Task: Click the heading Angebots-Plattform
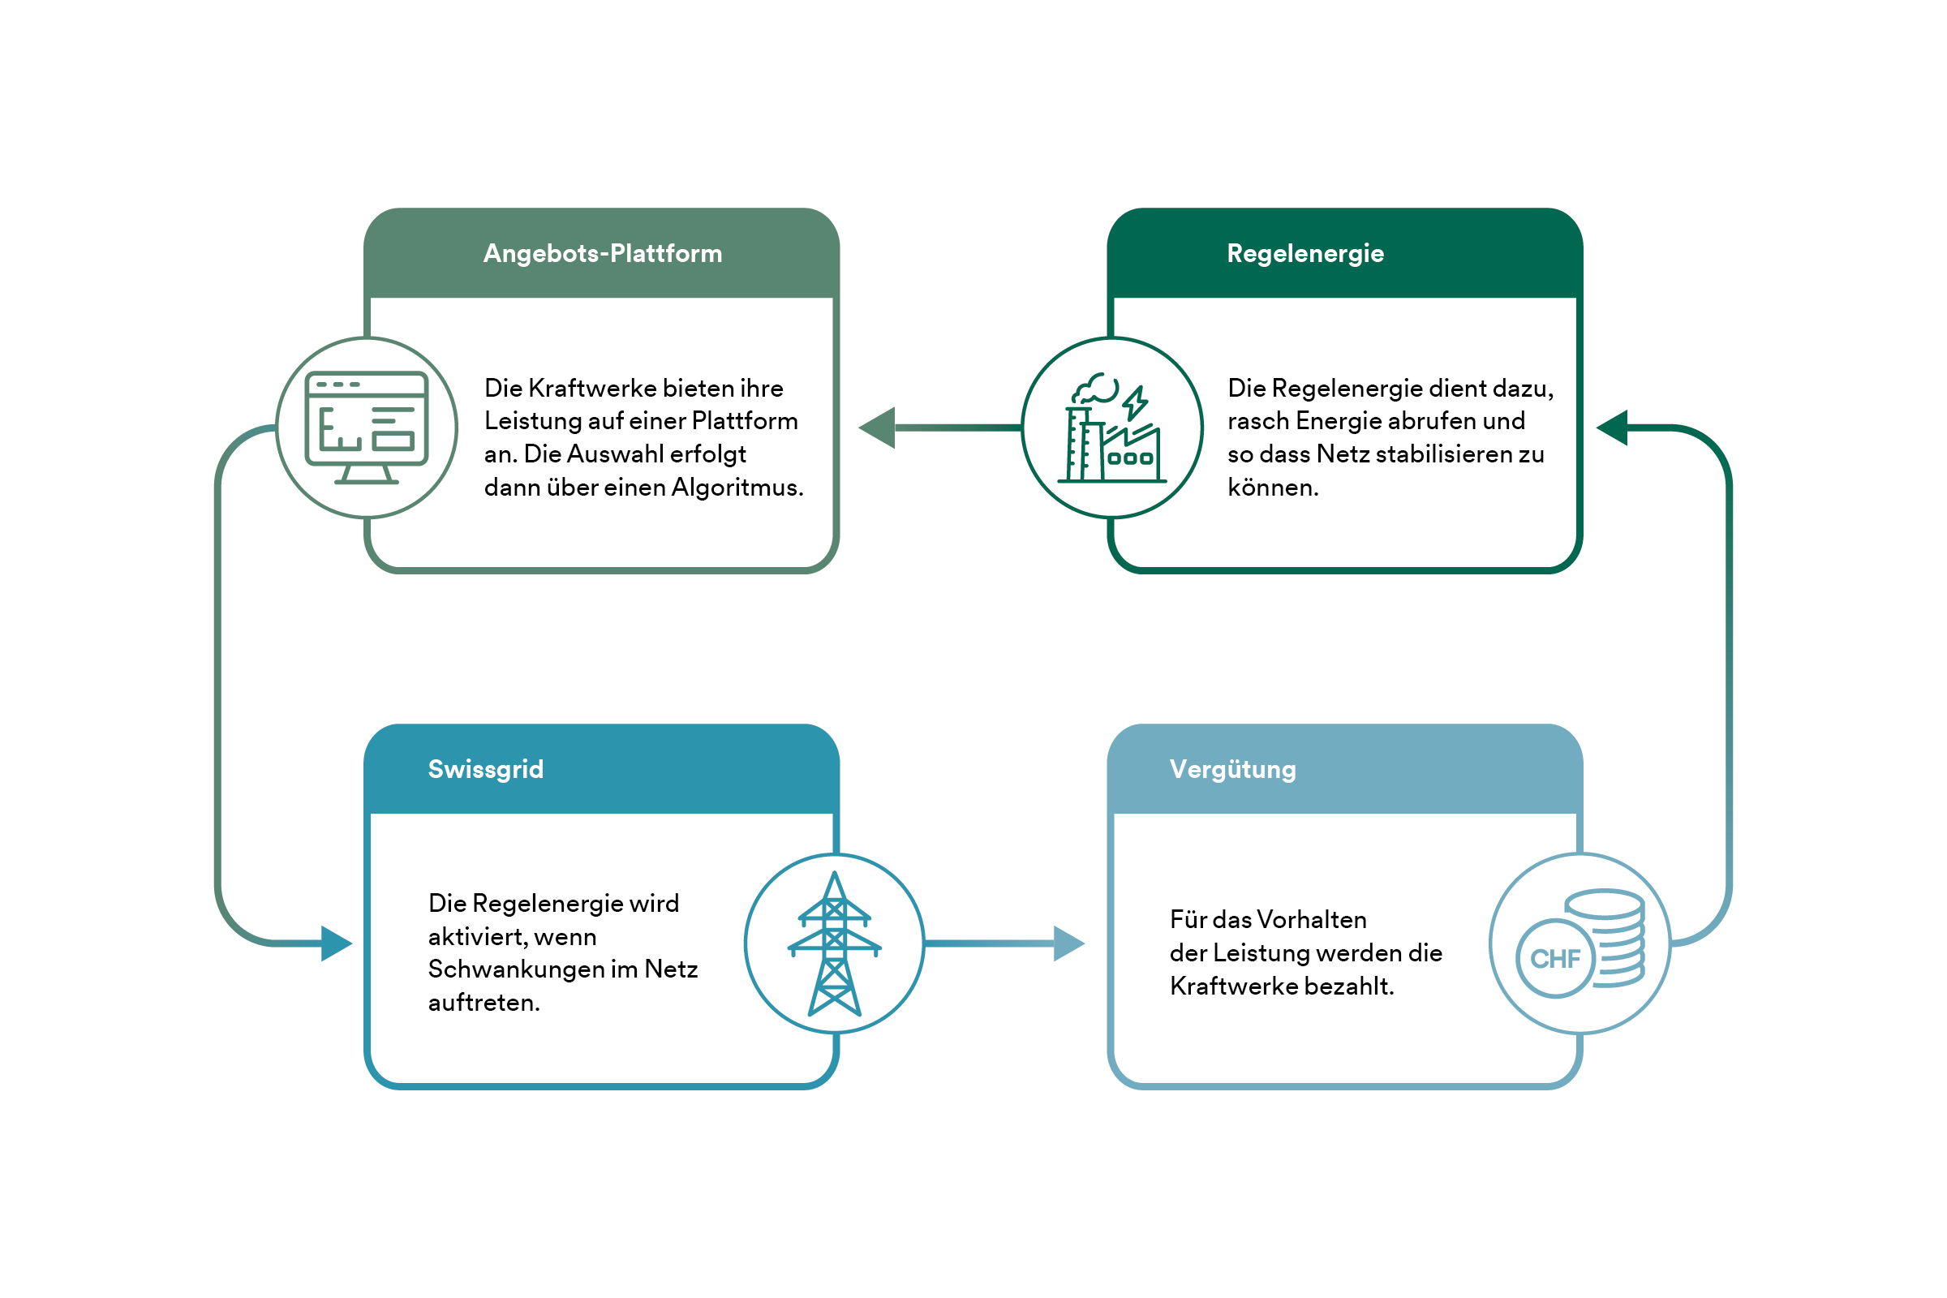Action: tap(602, 253)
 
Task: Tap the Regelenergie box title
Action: tap(1304, 253)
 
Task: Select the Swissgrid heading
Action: tap(485, 769)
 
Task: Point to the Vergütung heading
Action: tap(1231, 769)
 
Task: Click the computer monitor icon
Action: tap(366, 428)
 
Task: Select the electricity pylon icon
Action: tap(834, 943)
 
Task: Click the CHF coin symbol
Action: tap(1554, 959)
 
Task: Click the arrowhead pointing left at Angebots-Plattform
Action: tap(878, 428)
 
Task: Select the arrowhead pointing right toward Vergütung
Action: tap(1068, 943)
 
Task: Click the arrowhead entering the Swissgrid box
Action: tap(336, 943)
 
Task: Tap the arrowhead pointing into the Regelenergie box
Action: tap(1613, 428)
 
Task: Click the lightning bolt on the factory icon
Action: tap(1135, 403)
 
